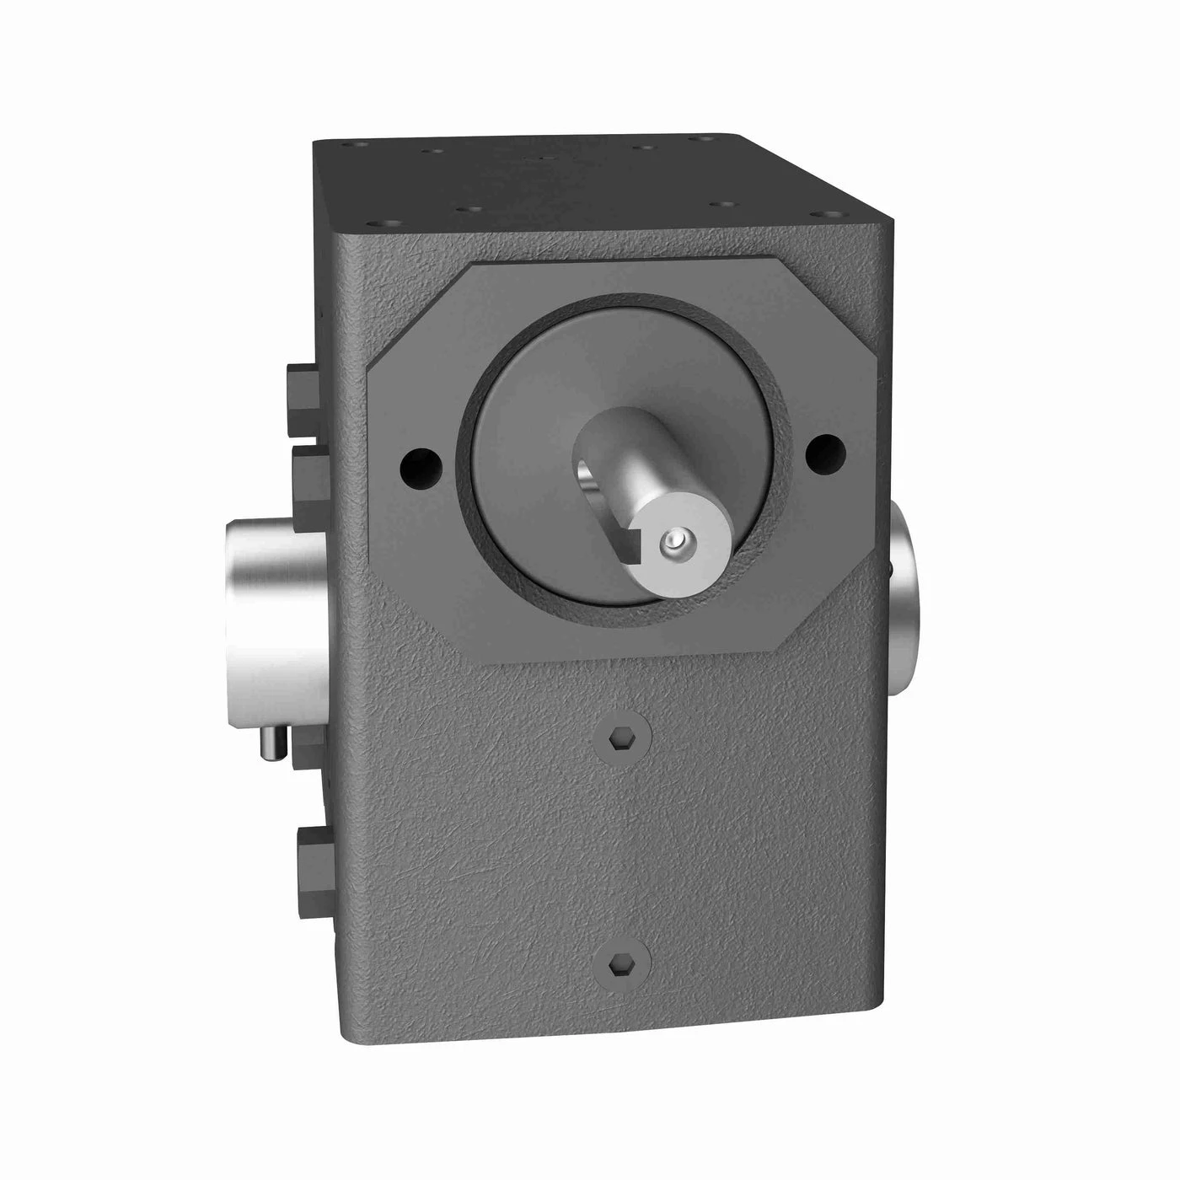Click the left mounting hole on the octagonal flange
tap(420, 462)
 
